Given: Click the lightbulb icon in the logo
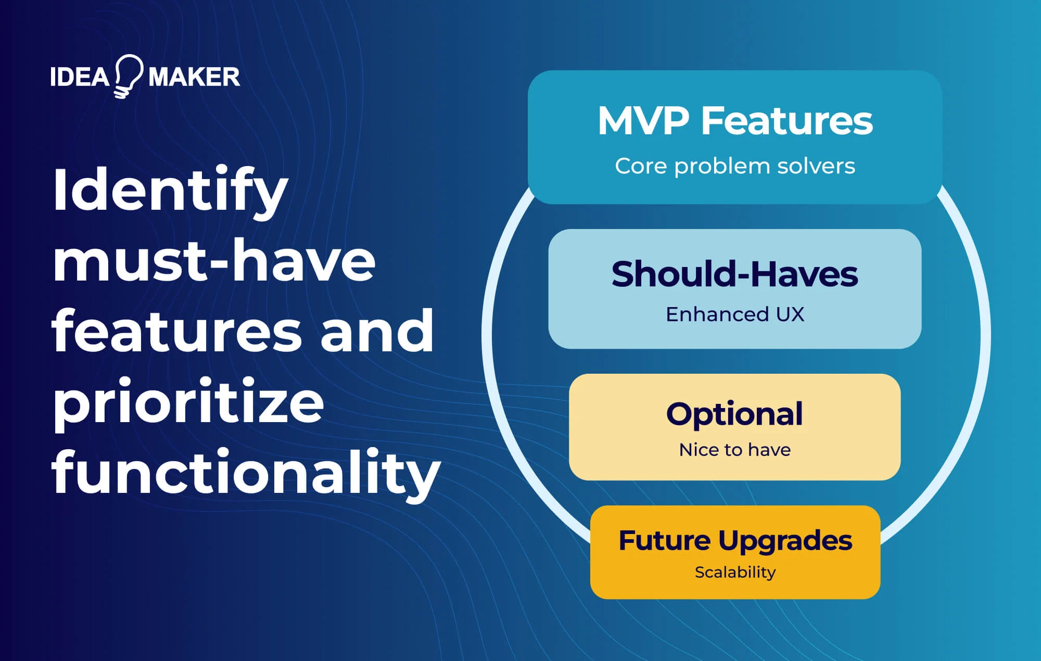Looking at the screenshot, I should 128,76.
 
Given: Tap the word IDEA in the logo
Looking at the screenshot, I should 79,78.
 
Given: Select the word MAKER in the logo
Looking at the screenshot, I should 194,78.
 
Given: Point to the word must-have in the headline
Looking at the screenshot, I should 213,260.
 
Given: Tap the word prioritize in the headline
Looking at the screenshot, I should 188,404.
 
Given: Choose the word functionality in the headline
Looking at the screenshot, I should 246,473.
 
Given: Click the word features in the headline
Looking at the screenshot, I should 176,331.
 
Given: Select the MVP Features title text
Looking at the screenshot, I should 734,121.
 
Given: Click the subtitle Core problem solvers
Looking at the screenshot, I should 734,167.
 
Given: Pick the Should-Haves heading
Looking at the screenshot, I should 734,274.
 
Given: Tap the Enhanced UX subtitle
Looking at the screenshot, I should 734,314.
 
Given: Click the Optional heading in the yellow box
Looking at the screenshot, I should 734,414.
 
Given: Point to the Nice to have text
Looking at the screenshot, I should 734,450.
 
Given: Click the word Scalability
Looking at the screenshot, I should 734,573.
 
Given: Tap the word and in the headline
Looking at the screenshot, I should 377,331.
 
